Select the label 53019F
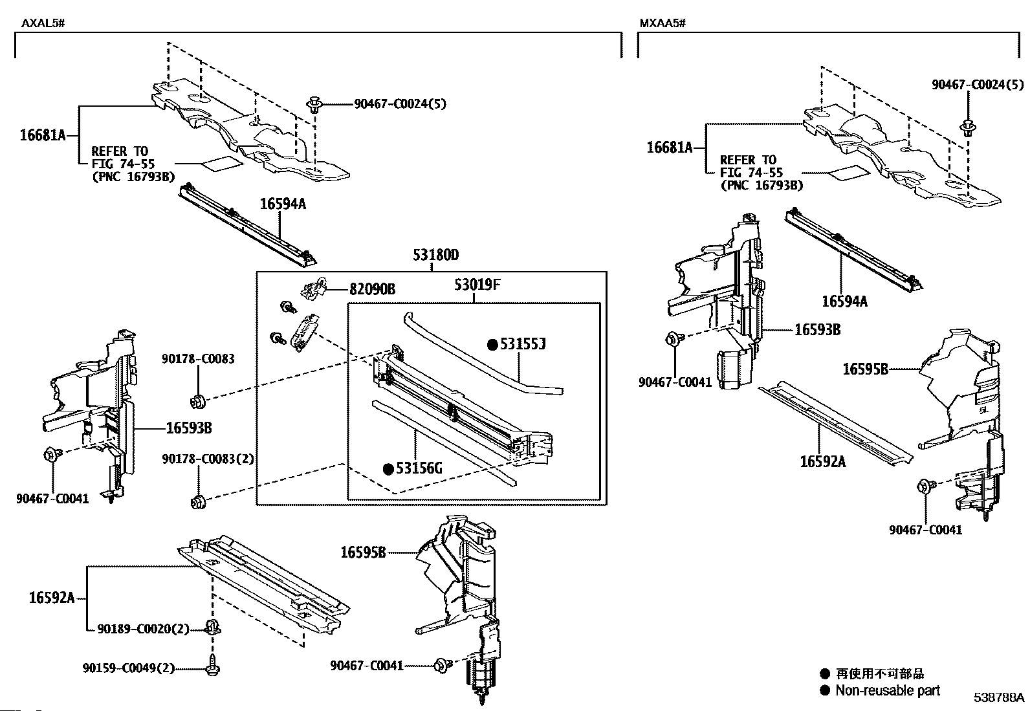pos(477,285)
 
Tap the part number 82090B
pos(372,289)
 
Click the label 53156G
pos(419,468)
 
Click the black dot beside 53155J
pos(492,345)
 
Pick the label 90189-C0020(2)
pos(144,628)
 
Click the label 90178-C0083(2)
pos(208,459)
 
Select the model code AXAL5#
pos(43,24)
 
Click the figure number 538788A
pos(1000,697)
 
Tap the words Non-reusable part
pos(888,690)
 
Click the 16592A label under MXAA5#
pos(822,461)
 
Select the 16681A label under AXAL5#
pos(43,135)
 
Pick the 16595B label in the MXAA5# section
pos(865,369)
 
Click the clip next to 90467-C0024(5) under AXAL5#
pos(315,105)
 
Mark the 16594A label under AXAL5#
pos(283,204)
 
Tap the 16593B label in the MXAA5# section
pos(817,330)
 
